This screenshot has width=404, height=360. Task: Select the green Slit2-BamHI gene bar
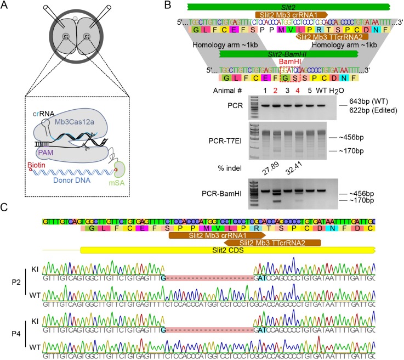[x=288, y=54]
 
